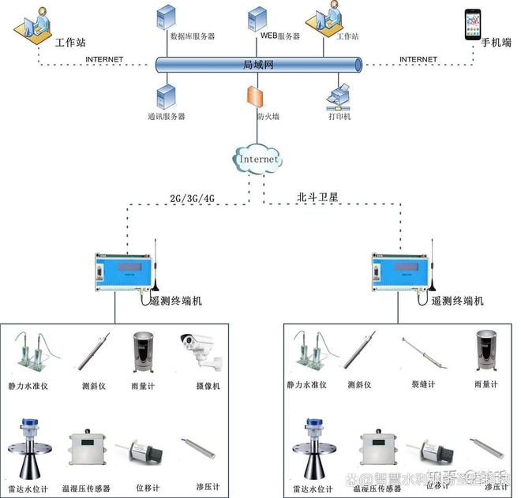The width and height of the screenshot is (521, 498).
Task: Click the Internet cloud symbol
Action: tap(258, 159)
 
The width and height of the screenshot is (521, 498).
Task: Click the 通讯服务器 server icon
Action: tap(167, 96)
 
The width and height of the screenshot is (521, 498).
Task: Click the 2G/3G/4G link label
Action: tap(192, 197)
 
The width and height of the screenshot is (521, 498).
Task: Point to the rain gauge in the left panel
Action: tap(143, 351)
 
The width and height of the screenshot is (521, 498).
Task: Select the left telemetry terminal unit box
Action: tap(122, 273)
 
